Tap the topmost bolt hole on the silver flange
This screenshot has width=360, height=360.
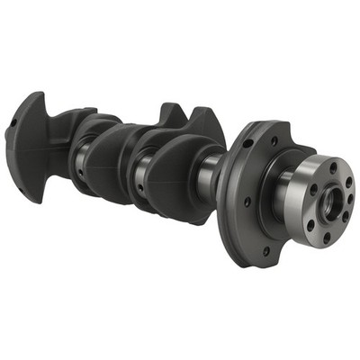(x=333, y=167)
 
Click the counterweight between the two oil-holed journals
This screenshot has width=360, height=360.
(x=109, y=162)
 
